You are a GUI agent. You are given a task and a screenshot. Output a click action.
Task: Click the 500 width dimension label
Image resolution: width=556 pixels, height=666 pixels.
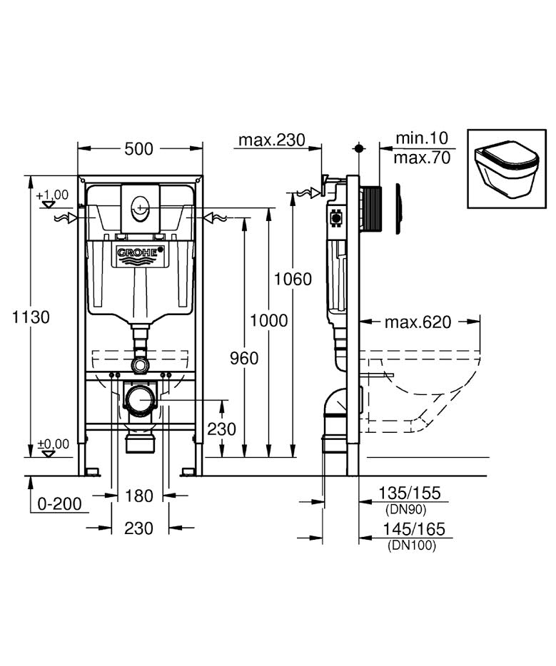coord(139,149)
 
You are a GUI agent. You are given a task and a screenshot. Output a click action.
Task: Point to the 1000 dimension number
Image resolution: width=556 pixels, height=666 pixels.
coord(269,320)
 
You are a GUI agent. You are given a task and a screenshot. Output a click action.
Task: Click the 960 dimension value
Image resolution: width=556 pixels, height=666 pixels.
coord(244,358)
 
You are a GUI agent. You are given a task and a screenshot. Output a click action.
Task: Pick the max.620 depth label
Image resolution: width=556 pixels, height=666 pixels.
coord(418,322)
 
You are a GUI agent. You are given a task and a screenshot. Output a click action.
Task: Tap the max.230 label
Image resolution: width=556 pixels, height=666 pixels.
coord(271,139)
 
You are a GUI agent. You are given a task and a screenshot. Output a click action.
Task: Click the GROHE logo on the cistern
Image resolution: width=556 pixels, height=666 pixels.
coord(140,252)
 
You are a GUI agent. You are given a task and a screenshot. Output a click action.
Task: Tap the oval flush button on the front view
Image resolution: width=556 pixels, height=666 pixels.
coord(140,209)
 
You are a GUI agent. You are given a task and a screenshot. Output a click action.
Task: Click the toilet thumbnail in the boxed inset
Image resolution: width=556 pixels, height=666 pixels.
coord(507,168)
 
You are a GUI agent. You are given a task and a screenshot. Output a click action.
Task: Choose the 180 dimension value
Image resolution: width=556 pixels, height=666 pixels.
coord(139,496)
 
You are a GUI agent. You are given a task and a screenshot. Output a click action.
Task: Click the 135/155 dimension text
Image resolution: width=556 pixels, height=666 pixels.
coord(410,493)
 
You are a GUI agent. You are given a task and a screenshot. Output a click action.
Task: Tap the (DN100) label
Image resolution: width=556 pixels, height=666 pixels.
coord(410,545)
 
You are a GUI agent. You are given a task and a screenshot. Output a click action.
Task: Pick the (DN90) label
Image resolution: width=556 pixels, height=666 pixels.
coord(408,509)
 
